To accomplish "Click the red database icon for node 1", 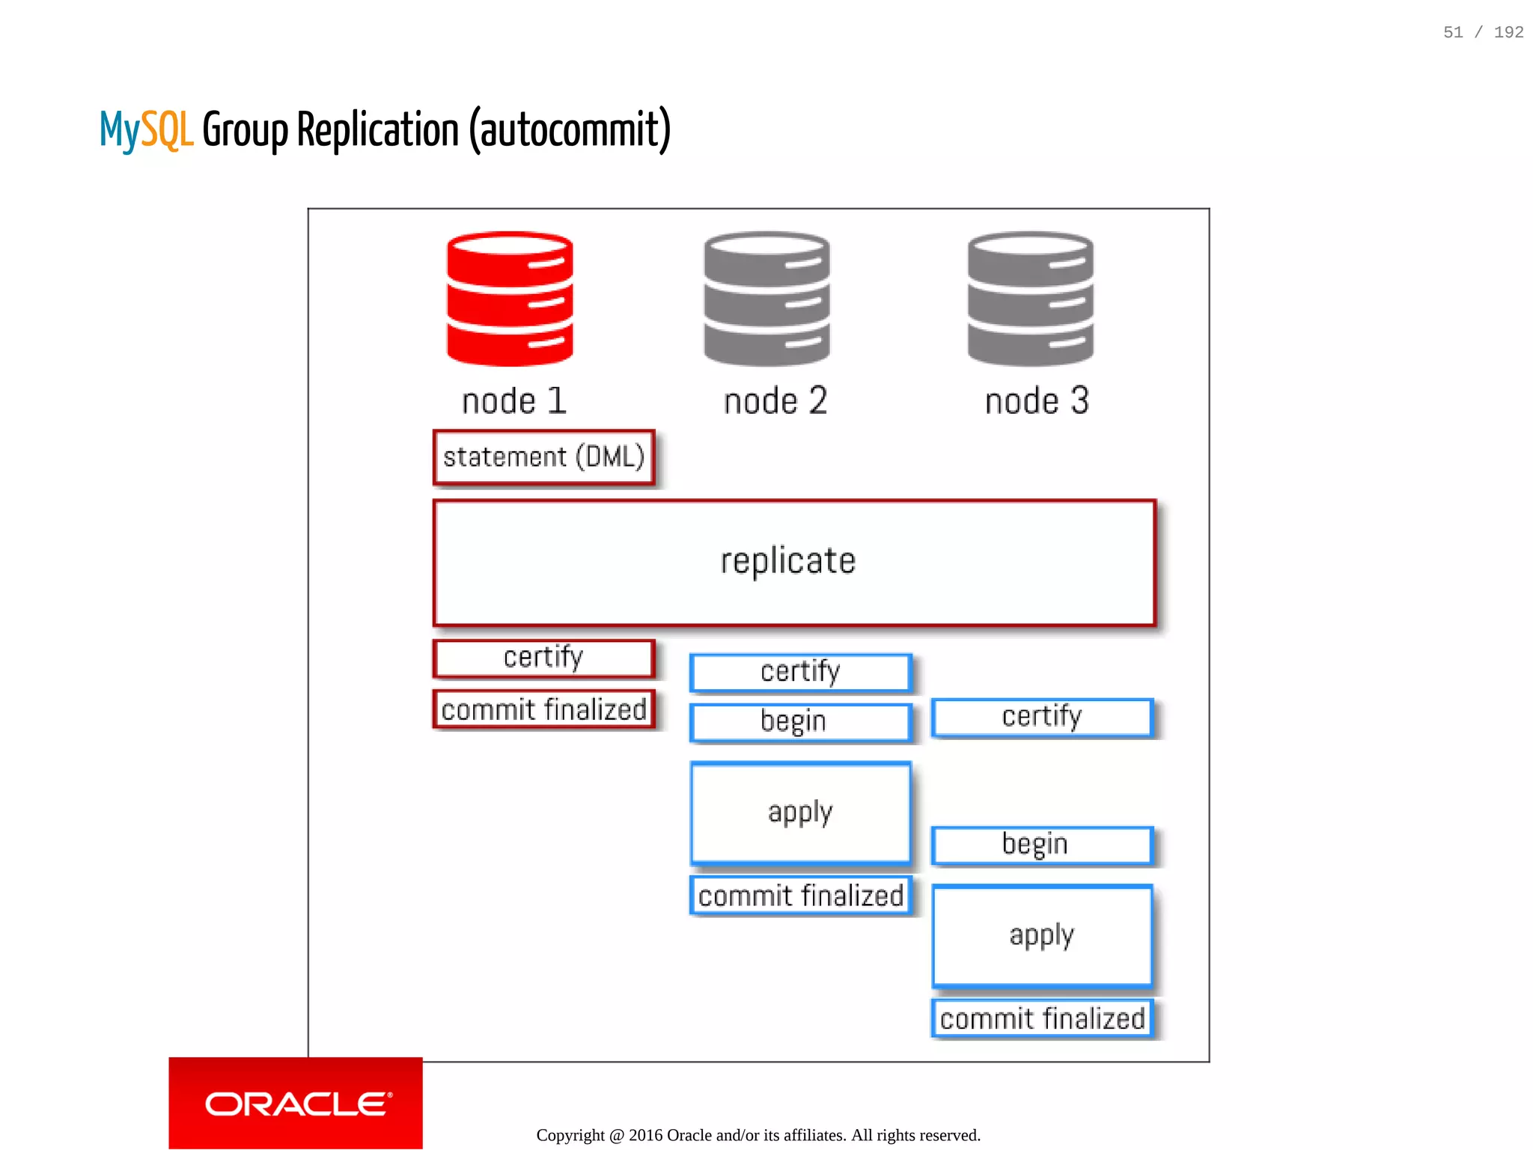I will (510, 299).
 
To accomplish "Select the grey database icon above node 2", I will (766, 299).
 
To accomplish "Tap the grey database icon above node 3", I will (1030, 299).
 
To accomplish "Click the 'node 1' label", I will (514, 401).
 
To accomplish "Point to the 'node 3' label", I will (1037, 401).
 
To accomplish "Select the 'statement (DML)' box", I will (544, 457).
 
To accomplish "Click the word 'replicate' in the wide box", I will (787, 561).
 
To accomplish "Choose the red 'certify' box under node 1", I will (544, 658).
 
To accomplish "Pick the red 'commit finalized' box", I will (544, 709).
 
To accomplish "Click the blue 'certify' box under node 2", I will (800, 672).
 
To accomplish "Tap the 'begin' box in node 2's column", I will (800, 722).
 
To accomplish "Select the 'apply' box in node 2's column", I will (800, 813).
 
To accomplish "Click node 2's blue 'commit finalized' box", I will (800, 896).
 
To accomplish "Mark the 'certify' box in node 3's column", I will (1042, 717).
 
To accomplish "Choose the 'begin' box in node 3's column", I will (1042, 845).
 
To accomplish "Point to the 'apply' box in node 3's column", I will (1042, 935).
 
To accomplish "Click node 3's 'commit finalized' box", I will (1042, 1018).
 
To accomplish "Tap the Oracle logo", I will (296, 1104).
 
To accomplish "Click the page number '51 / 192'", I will (1483, 32).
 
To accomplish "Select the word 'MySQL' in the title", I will (147, 130).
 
